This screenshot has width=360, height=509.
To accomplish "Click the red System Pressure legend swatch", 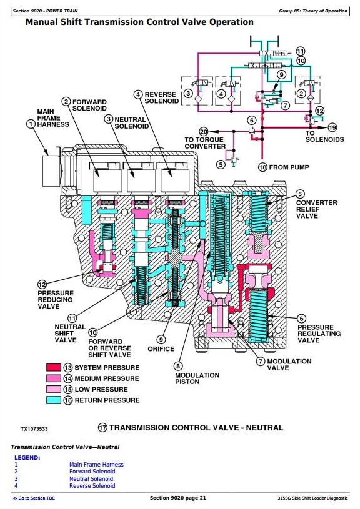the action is coord(54,367).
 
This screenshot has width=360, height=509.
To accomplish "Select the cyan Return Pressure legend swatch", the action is coord(54,400).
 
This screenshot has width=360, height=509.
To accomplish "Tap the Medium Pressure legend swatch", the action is coord(54,378).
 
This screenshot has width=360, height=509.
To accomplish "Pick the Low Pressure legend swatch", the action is coord(54,389).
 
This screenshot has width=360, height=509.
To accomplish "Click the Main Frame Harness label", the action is coord(53,118).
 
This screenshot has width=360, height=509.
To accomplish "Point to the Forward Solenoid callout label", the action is coord(89,105).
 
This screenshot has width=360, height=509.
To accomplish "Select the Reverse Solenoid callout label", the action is coord(161,97).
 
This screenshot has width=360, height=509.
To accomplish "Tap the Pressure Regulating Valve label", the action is coord(319,334).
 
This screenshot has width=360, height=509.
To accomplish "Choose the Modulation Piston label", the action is coord(197,378).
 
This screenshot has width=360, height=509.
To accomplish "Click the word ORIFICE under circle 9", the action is coord(161,349).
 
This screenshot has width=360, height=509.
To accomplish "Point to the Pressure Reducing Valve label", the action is coord(56,300).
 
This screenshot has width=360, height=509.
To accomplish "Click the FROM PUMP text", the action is coord(289,167).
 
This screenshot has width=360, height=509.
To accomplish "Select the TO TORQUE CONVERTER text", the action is coord(205,143).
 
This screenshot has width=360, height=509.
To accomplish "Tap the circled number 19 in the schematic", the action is coord(332,127).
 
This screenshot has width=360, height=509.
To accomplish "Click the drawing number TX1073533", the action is coord(34,429).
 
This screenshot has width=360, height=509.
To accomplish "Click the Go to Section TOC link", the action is coord(34,498).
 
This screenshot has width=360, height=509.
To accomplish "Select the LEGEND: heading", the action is coord(27,457).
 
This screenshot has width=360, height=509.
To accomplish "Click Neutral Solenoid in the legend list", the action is coord(91,478).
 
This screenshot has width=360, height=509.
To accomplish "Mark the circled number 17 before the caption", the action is coord(102,428).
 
